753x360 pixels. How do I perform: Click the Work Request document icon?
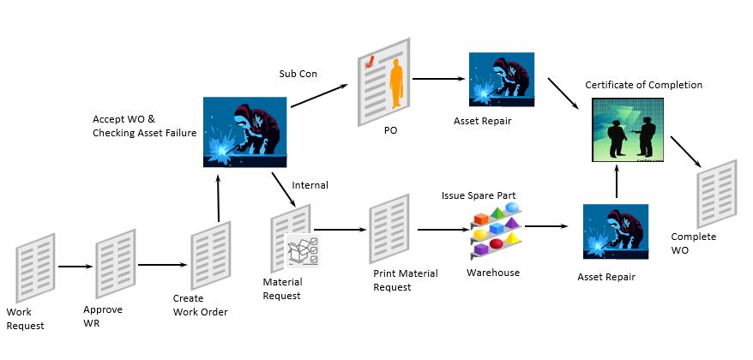click(x=36, y=266)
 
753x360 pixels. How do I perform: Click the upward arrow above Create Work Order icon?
click(x=220, y=197)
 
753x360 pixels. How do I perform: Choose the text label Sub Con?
click(x=298, y=74)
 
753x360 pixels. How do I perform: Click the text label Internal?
click(x=310, y=184)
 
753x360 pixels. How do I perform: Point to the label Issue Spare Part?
click(x=479, y=195)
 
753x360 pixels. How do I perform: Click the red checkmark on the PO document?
click(x=370, y=62)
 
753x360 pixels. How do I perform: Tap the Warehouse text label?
click(x=492, y=273)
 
